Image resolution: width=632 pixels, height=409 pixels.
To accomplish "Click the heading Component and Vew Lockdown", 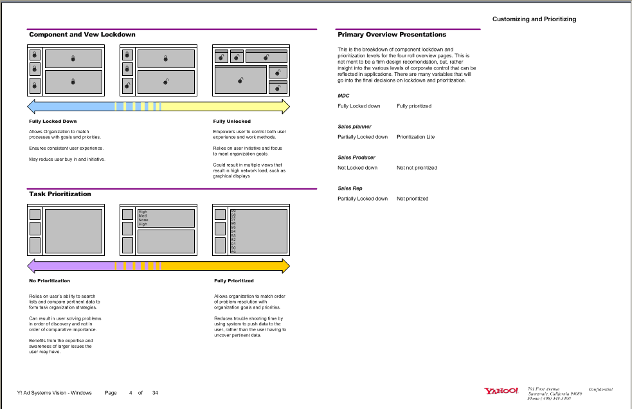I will pyautogui.click(x=82, y=35).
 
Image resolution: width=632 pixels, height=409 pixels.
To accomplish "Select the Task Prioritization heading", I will pyautogui.click(x=60, y=194).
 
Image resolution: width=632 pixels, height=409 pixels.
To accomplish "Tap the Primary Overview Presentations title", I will pyautogui.click(x=392, y=35).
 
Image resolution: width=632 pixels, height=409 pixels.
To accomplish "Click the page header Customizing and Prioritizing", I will pyautogui.click(x=534, y=19).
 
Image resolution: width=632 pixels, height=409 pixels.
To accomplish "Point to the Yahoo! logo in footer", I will pyautogui.click(x=501, y=391).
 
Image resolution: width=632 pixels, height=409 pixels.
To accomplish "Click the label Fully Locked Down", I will pyautogui.click(x=53, y=122).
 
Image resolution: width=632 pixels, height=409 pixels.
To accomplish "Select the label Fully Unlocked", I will pyautogui.click(x=231, y=122).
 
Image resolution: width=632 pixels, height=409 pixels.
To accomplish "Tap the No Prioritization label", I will pyautogui.click(x=50, y=281).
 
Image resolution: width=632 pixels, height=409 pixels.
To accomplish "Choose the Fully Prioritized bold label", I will pyautogui.click(x=233, y=281).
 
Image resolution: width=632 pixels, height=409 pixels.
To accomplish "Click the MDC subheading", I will pyautogui.click(x=343, y=96).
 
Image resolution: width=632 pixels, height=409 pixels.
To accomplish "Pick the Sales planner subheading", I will pyautogui.click(x=354, y=127).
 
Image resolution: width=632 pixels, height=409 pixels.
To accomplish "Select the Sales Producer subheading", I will pyautogui.click(x=356, y=158).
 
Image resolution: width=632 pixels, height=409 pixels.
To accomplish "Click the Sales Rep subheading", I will pyautogui.click(x=350, y=188).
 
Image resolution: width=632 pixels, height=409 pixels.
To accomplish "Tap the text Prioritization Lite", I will pyautogui.click(x=415, y=137).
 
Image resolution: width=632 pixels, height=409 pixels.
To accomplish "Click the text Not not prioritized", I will pyautogui.click(x=417, y=168).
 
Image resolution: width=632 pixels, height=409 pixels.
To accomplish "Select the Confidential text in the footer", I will pyautogui.click(x=600, y=389).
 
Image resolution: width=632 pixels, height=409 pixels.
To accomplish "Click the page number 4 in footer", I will pyautogui.click(x=131, y=393).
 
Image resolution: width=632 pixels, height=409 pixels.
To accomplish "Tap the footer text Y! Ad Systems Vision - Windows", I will pyautogui.click(x=54, y=393).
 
